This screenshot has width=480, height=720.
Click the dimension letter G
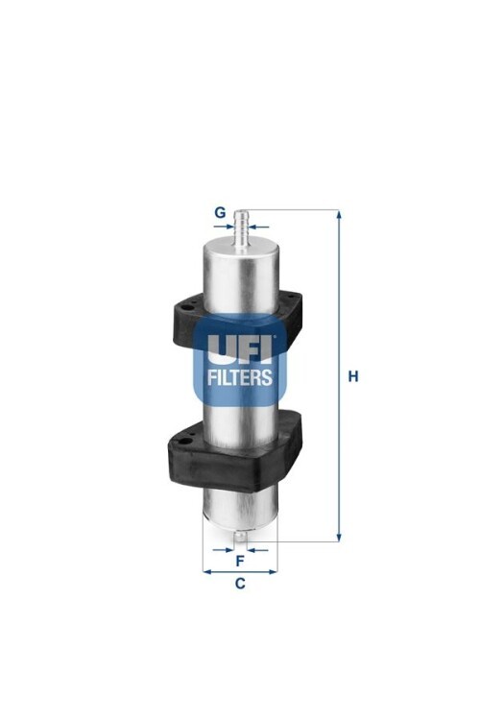coord(221,212)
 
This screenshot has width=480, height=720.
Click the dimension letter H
coord(352,376)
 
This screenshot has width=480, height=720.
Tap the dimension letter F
coord(240,562)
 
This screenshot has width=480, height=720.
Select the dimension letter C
coord(240,583)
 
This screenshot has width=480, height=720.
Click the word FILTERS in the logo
coord(240,377)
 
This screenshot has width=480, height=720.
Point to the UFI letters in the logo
coord(240,348)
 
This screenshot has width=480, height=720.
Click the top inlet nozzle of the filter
coord(241,228)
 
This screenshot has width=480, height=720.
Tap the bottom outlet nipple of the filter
coord(240,538)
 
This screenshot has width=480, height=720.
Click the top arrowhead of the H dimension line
coord(339,214)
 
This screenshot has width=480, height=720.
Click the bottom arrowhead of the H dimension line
coord(339,537)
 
